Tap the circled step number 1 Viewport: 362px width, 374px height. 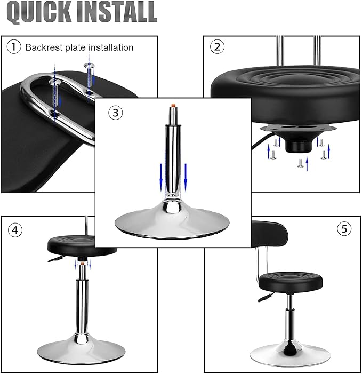[x=14, y=47]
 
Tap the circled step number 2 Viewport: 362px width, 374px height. [x=216, y=47]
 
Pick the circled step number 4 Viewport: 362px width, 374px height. [x=15, y=230]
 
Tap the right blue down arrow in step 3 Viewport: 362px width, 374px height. [x=186, y=176]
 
